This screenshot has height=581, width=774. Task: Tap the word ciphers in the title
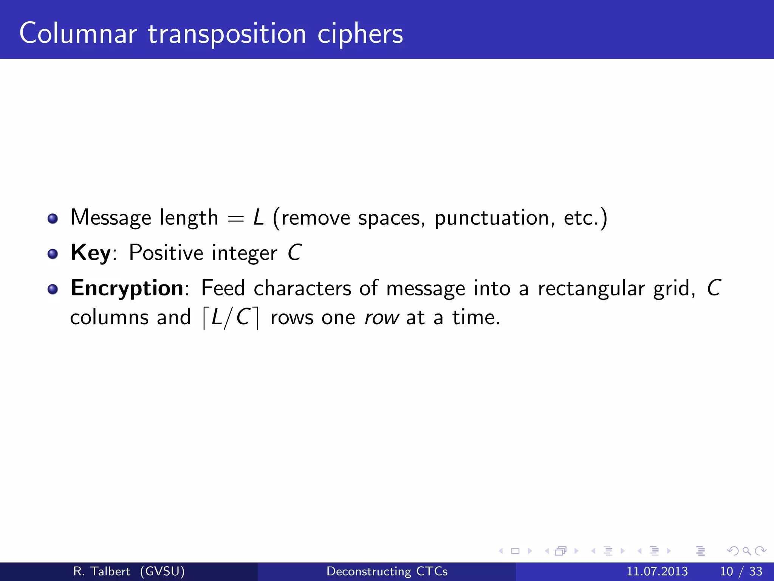[360, 34]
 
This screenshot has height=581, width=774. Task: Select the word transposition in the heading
[227, 34]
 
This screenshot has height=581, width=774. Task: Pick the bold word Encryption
[127, 288]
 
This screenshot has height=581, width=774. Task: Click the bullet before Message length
[53, 219]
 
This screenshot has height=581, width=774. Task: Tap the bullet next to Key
[53, 254]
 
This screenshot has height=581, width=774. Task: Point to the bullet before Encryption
[53, 289]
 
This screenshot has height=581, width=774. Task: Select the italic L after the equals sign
[259, 217]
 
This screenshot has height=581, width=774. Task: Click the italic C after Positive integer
[294, 253]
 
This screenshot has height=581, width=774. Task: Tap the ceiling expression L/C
[231, 317]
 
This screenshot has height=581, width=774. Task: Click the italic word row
[381, 318]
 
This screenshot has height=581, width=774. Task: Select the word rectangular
[591, 289]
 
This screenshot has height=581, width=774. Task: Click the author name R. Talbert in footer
[101, 571]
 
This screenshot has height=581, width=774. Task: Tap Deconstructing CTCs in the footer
[387, 571]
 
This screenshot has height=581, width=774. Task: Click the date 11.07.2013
[657, 571]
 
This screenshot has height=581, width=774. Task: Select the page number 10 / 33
[741, 571]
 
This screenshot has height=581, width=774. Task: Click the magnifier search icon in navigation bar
[746, 551]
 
